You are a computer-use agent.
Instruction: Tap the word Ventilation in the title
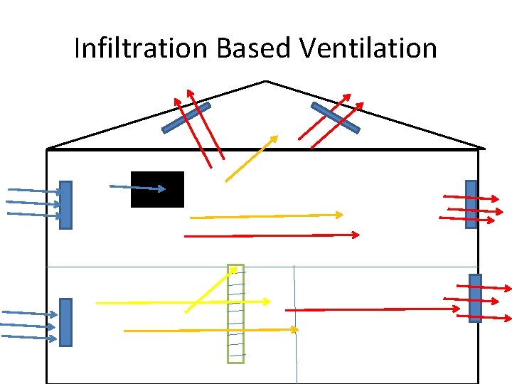[x=368, y=48]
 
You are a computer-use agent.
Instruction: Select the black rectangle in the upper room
[x=157, y=189]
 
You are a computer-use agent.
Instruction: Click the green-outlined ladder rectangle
[x=235, y=314]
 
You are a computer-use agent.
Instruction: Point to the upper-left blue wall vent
[x=65, y=205]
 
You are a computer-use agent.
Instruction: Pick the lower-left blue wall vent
[x=65, y=322]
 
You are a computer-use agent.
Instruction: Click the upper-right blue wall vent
[x=471, y=204]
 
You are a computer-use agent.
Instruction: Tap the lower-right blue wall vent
[x=475, y=298]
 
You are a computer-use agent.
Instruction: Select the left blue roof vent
[x=186, y=118]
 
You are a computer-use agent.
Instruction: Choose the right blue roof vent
[x=335, y=117]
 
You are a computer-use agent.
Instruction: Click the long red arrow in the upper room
[x=272, y=235]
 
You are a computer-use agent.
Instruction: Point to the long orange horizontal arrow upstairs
[x=267, y=215]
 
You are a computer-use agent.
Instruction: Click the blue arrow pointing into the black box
[x=139, y=188]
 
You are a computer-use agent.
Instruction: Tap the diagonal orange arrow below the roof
[x=251, y=159]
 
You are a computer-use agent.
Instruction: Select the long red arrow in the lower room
[x=372, y=309]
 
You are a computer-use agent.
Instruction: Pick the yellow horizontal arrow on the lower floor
[x=183, y=302]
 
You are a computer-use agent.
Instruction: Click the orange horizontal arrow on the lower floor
[x=210, y=330]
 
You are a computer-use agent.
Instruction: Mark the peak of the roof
[x=265, y=81]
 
